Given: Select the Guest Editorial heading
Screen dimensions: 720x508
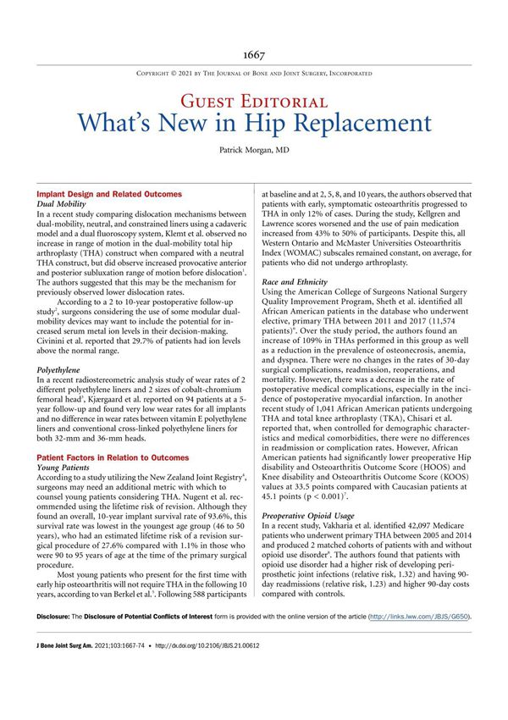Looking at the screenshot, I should [x=253, y=101].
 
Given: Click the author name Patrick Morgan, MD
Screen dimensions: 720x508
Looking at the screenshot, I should [x=253, y=158].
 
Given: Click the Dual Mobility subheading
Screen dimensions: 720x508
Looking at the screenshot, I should [x=66, y=205].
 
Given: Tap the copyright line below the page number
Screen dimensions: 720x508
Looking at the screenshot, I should [x=253, y=74].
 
